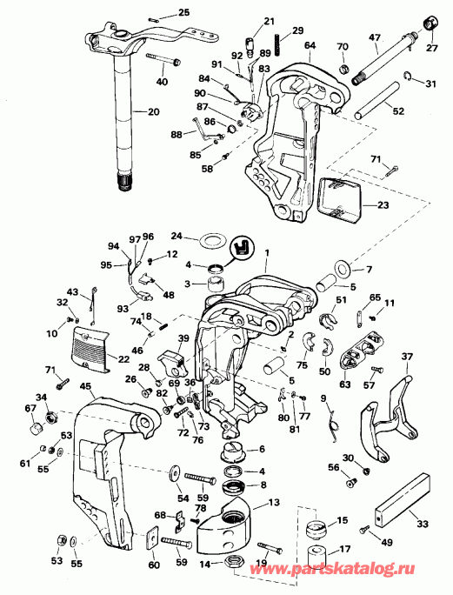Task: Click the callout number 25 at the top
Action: click(x=183, y=12)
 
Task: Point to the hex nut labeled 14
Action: click(x=234, y=565)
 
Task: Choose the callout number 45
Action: click(x=85, y=388)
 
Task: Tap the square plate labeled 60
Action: click(x=152, y=542)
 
